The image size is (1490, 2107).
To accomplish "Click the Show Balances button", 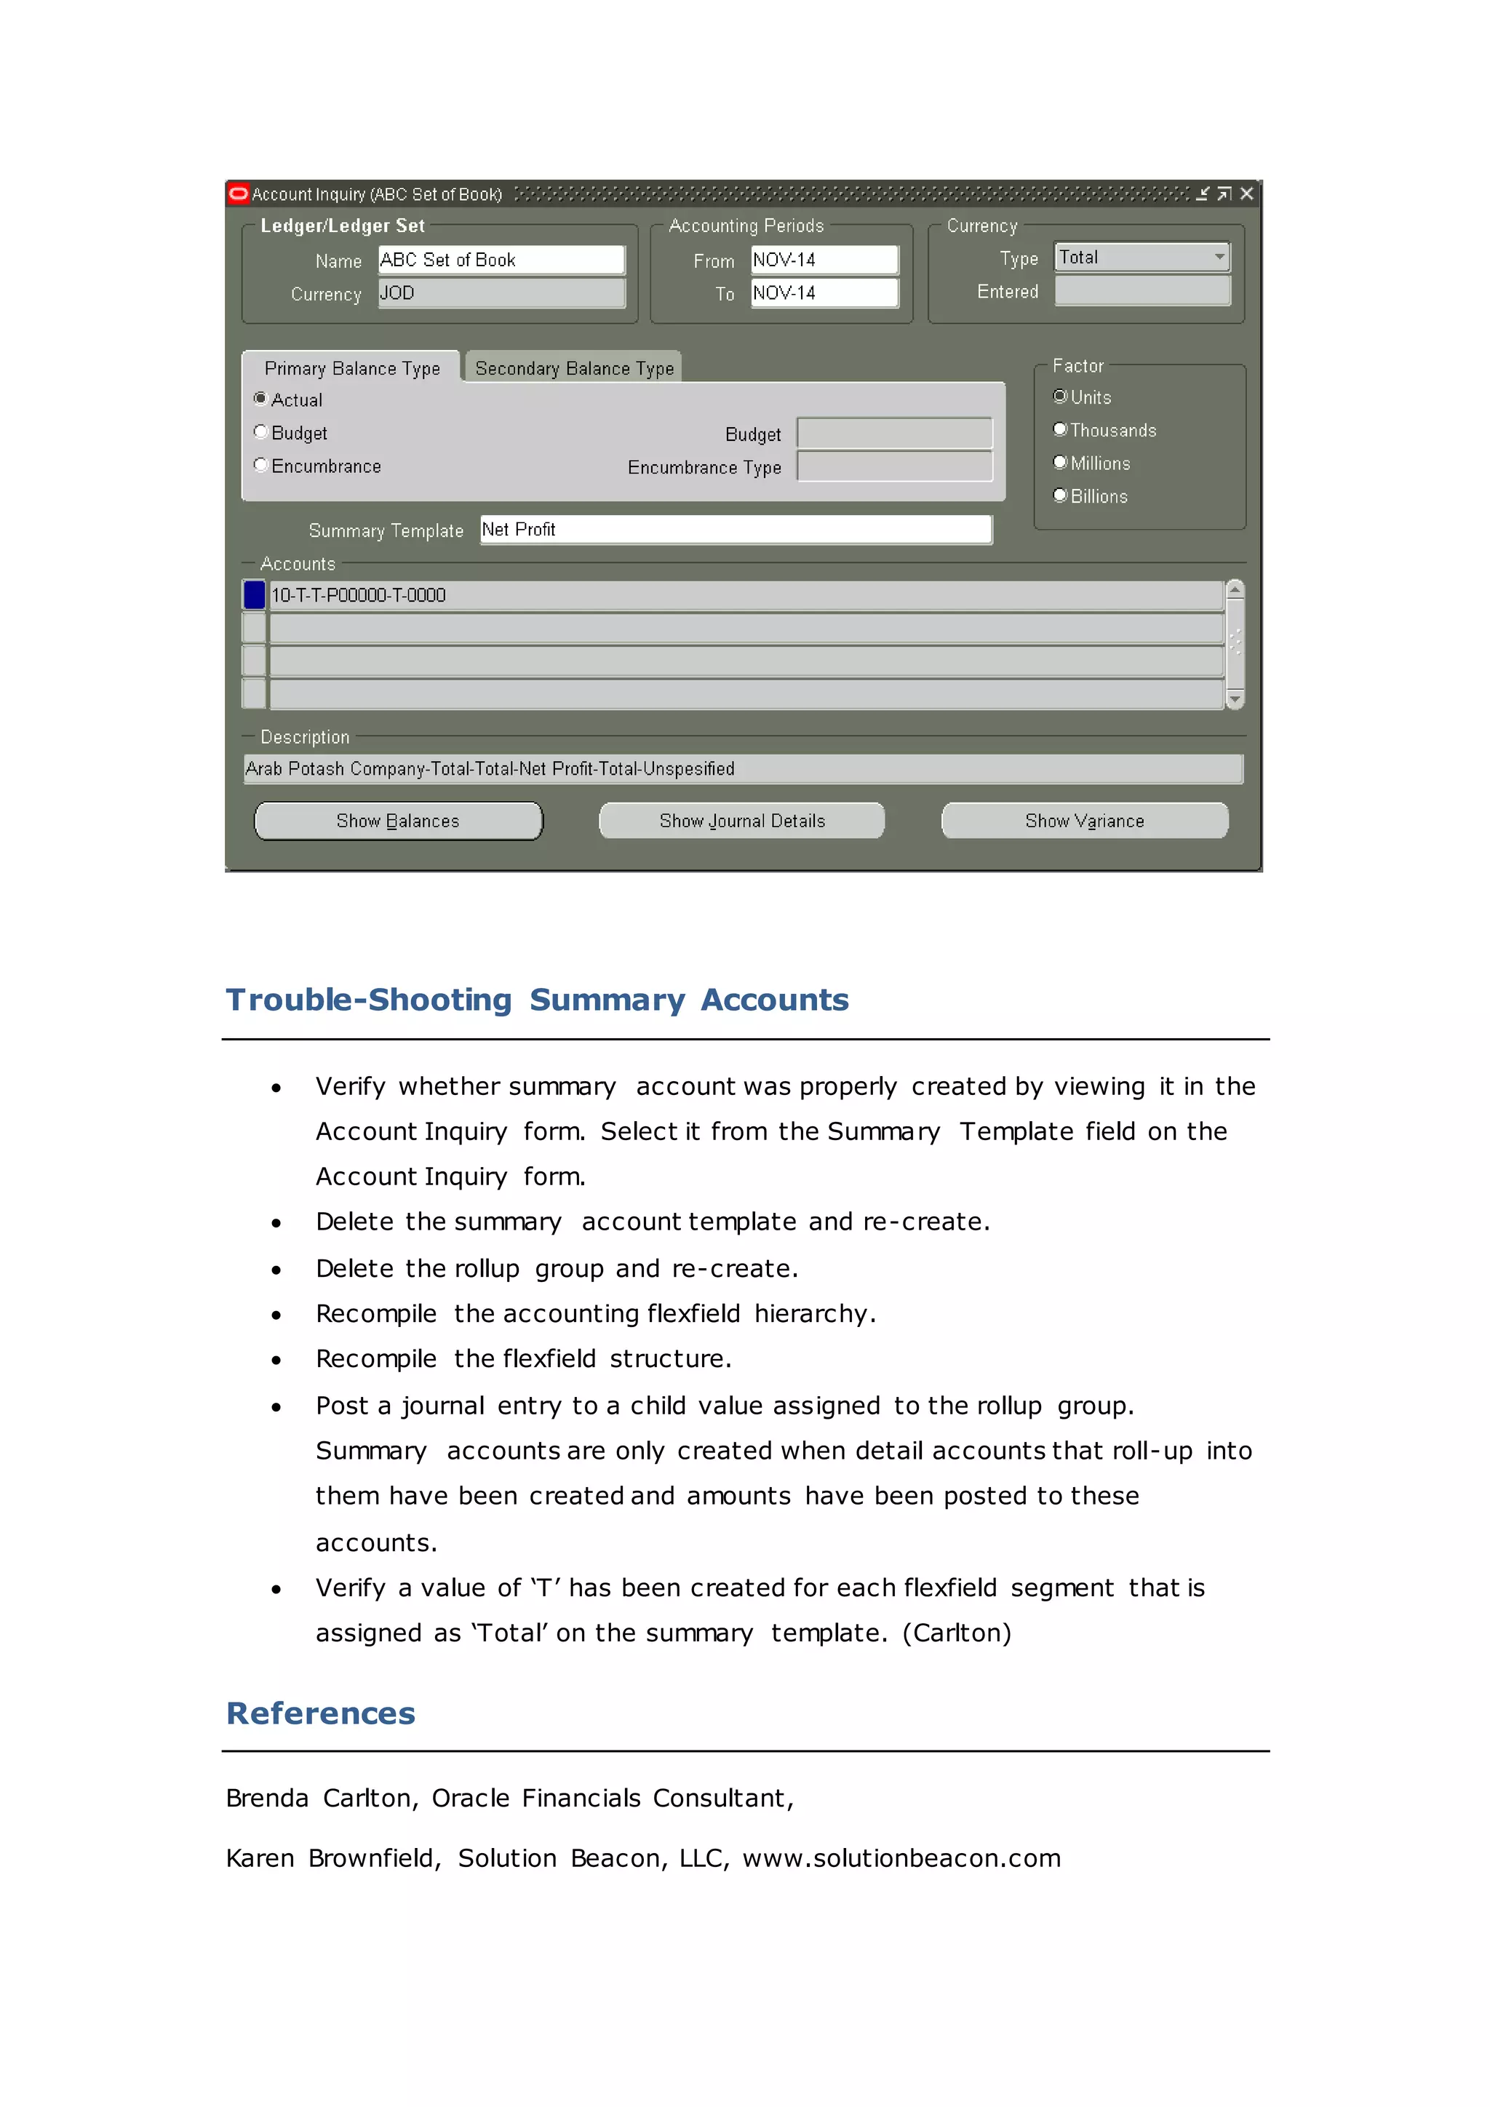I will point(397,821).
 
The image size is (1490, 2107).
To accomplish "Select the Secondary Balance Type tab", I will point(573,368).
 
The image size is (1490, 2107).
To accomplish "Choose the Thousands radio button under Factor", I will point(1061,429).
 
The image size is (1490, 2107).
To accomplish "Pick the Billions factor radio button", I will point(1061,495).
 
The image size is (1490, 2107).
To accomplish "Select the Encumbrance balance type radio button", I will point(260,465).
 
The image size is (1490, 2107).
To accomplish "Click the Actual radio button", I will point(260,399).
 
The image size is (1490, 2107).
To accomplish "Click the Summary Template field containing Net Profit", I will point(735,530).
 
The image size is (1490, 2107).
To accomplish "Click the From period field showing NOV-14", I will point(823,260).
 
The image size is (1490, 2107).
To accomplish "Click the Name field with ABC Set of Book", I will point(501,260).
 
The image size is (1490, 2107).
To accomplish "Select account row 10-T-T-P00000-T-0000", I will point(745,594).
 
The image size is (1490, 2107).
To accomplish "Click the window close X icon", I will point(1246,194).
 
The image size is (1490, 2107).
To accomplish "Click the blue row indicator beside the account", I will point(254,594).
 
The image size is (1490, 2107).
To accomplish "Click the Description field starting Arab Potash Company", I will point(742,768).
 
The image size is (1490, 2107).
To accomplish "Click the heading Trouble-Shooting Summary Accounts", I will point(537,1000).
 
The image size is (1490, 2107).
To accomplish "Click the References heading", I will point(320,1713).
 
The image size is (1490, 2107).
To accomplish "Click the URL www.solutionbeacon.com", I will point(901,1858).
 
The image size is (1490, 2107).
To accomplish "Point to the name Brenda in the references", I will point(266,1798).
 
